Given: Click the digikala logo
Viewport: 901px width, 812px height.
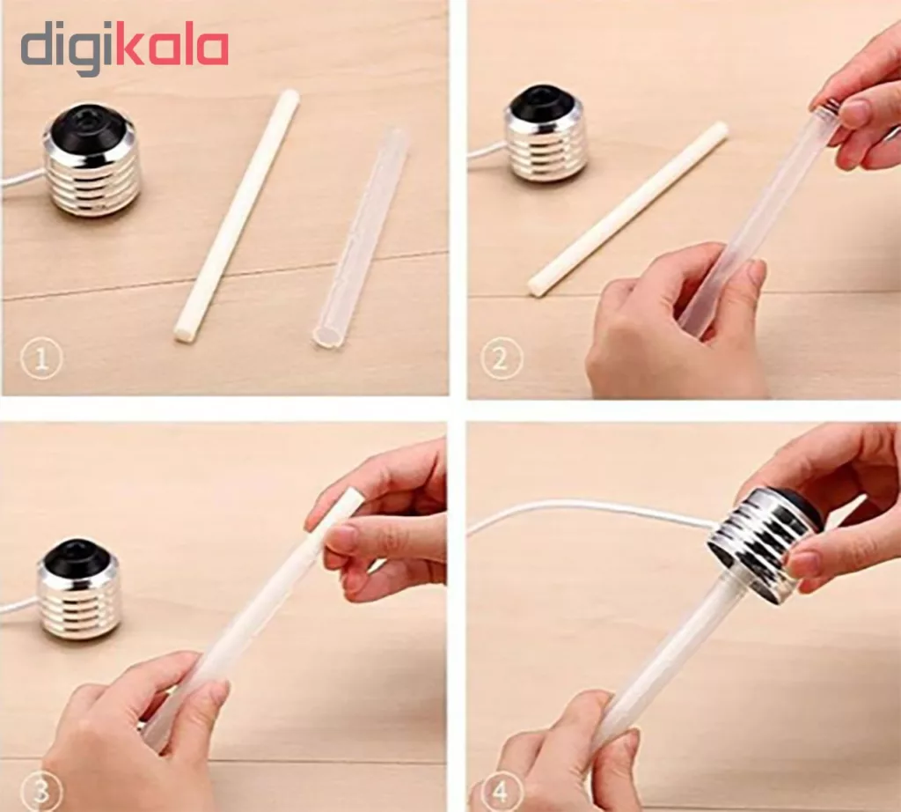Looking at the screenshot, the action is coord(125,50).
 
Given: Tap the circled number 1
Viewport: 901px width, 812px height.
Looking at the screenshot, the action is coord(40,359).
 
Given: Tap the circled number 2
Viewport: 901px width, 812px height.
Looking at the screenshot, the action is coord(501,358).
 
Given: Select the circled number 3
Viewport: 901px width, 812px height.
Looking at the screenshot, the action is coord(40,791).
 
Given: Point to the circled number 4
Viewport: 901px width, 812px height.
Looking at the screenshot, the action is coord(501,793).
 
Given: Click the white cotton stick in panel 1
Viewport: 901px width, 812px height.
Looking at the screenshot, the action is coord(237,217).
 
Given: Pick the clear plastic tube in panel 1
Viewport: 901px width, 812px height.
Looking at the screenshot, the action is coord(359,239).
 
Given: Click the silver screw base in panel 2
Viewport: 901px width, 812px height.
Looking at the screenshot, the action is coord(546,135).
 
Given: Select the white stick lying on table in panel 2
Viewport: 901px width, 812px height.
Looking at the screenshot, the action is coord(628,209).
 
